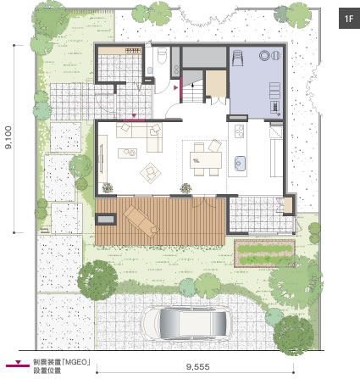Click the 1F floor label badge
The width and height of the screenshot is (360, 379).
349,19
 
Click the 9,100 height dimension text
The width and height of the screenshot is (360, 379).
8,137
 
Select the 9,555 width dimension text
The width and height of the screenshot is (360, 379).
198,367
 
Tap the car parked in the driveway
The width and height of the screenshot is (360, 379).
187,323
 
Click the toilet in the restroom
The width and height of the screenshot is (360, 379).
162,55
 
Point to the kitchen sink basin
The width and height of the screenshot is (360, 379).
240,164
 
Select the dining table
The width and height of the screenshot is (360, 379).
206,160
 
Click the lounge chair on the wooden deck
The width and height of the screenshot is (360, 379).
141,220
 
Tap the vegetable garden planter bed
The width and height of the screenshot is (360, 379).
264,254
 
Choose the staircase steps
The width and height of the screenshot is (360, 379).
192,91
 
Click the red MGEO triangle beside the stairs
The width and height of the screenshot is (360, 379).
176,88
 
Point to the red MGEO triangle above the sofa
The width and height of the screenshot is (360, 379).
134,115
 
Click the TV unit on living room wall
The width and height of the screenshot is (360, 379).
102,159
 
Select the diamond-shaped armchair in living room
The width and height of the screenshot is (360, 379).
151,172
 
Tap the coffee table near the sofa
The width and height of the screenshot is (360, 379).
128,153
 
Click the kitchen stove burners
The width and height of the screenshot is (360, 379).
240,131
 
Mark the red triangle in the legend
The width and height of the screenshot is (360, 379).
18,362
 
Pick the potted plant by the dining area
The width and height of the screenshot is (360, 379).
186,187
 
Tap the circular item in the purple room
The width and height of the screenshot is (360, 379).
264,55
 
